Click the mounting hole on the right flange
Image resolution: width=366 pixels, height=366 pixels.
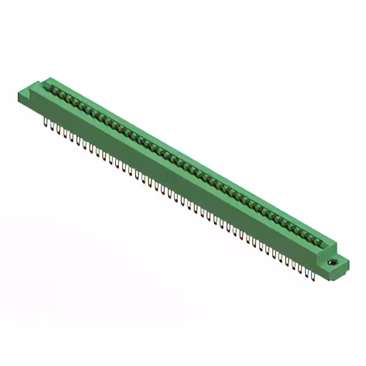coord(333,262)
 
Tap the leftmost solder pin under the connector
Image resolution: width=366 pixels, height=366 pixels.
coord(45,122)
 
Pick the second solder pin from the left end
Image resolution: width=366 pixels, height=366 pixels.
coord(52,126)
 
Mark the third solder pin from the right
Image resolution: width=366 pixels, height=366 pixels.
coord(300,269)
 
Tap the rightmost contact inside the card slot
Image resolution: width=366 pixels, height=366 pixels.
coord(320,244)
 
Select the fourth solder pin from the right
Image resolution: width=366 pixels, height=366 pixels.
coord(293,266)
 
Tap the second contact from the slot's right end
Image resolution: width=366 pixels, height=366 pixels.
coord(313,240)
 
